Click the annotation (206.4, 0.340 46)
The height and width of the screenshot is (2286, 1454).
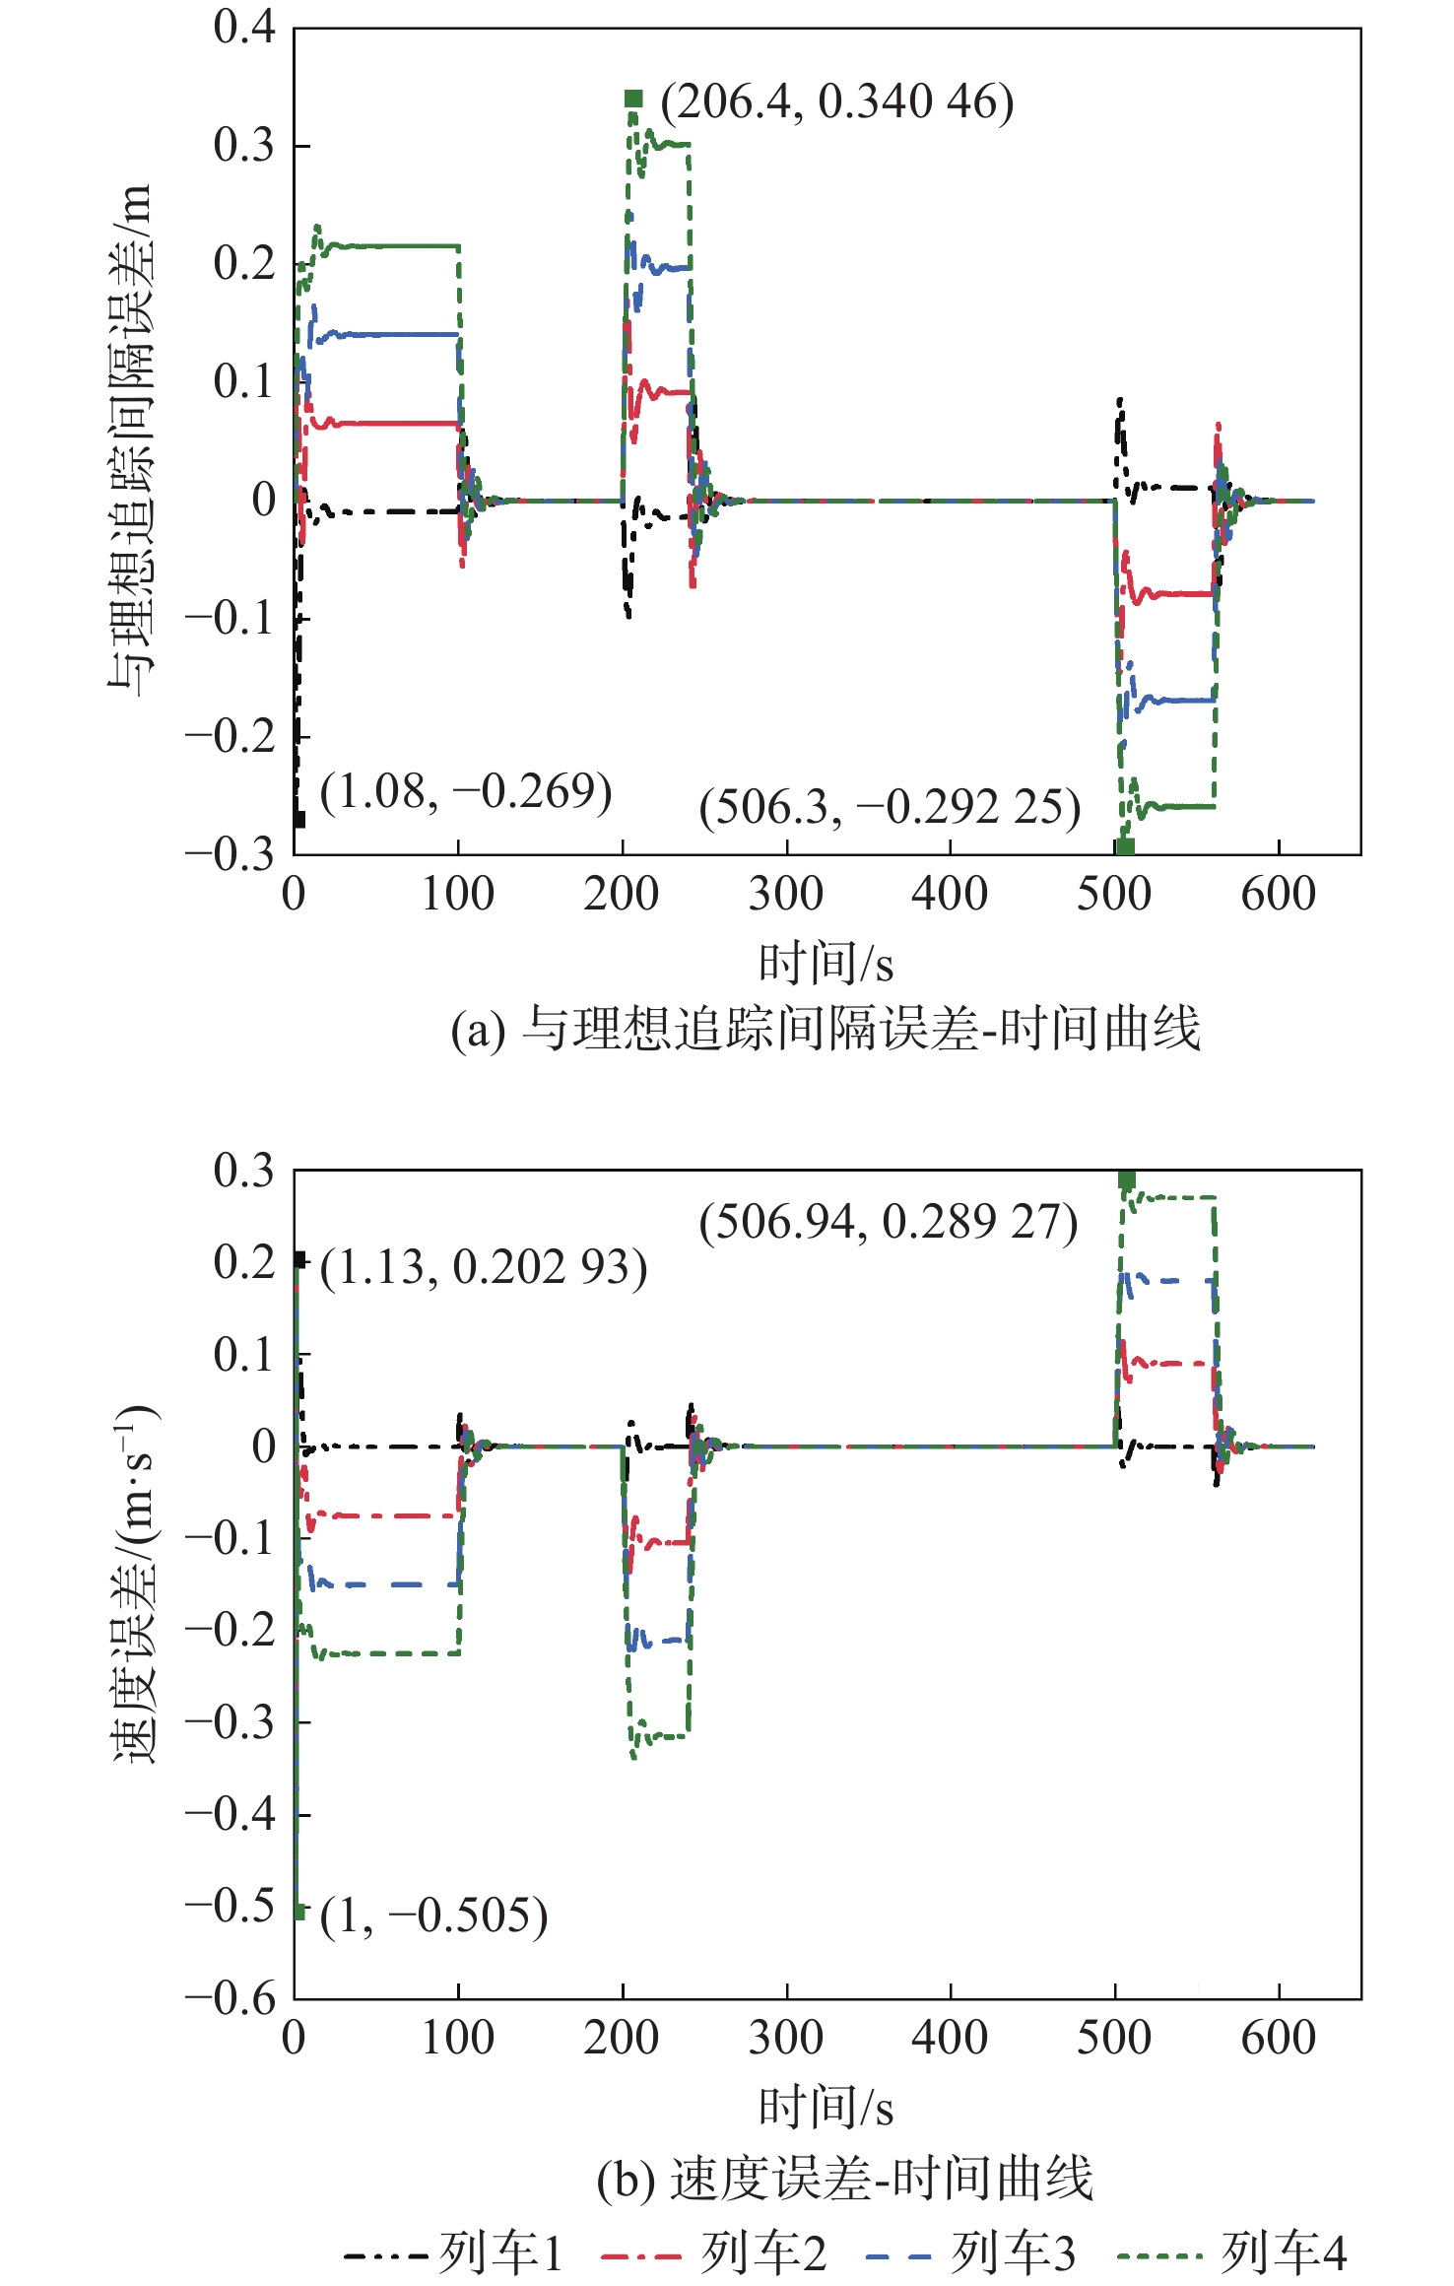point(836,101)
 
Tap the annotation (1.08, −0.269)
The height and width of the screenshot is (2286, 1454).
point(466,791)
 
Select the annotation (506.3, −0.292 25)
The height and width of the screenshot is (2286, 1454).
point(890,807)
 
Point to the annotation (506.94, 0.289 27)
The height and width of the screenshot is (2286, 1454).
point(888,1222)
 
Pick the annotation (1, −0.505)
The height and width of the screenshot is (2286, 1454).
point(433,1916)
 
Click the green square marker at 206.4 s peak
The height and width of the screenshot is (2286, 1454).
point(633,99)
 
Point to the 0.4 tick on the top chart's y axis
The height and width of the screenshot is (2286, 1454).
point(244,28)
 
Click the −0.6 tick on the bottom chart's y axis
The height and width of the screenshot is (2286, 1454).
point(231,1999)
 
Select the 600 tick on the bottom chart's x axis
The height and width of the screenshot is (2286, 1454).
point(1278,2038)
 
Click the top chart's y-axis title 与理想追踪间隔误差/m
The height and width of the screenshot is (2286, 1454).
point(131,439)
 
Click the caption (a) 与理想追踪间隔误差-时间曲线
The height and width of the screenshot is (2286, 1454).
point(826,1029)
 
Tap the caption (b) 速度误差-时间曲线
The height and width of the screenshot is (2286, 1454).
point(845,2178)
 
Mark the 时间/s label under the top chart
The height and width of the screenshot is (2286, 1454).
point(826,964)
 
